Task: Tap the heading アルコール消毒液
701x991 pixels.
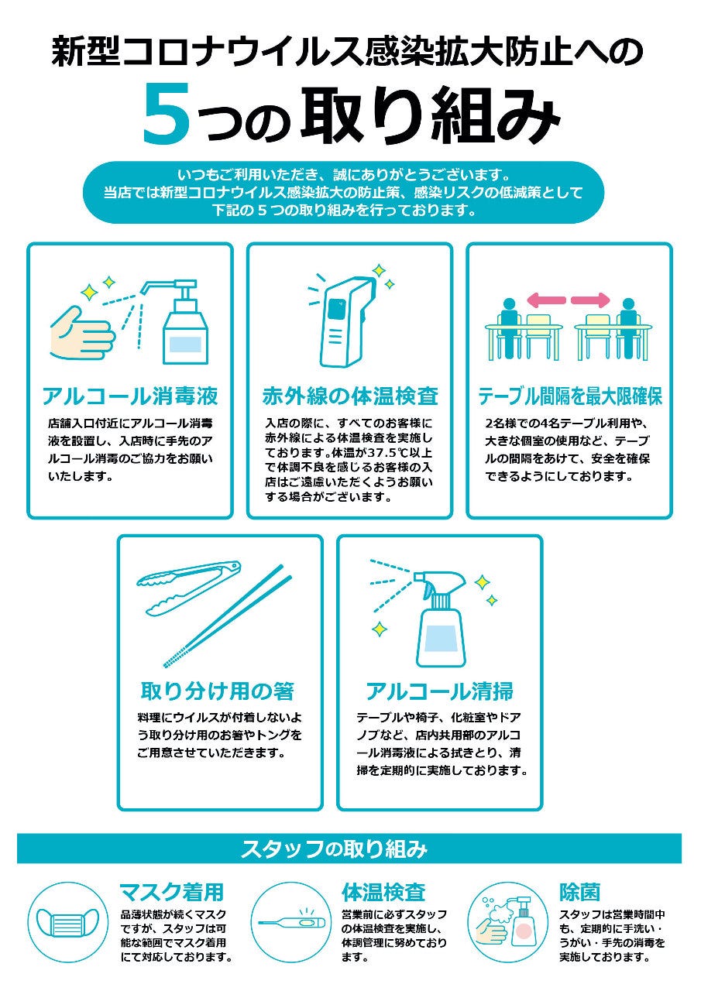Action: click(x=130, y=396)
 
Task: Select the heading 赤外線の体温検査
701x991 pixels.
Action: click(x=350, y=396)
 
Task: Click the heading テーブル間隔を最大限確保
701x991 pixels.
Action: click(x=570, y=396)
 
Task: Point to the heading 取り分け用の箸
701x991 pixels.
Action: click(x=218, y=691)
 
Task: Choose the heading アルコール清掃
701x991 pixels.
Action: click(x=439, y=691)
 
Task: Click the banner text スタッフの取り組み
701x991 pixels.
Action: click(x=334, y=849)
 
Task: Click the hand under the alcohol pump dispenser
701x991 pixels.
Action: click(x=82, y=332)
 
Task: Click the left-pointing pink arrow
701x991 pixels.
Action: click(x=546, y=300)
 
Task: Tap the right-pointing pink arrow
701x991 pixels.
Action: click(x=590, y=300)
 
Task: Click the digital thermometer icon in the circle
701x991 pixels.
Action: click(x=292, y=923)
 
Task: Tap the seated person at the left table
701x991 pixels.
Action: click(x=509, y=327)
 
